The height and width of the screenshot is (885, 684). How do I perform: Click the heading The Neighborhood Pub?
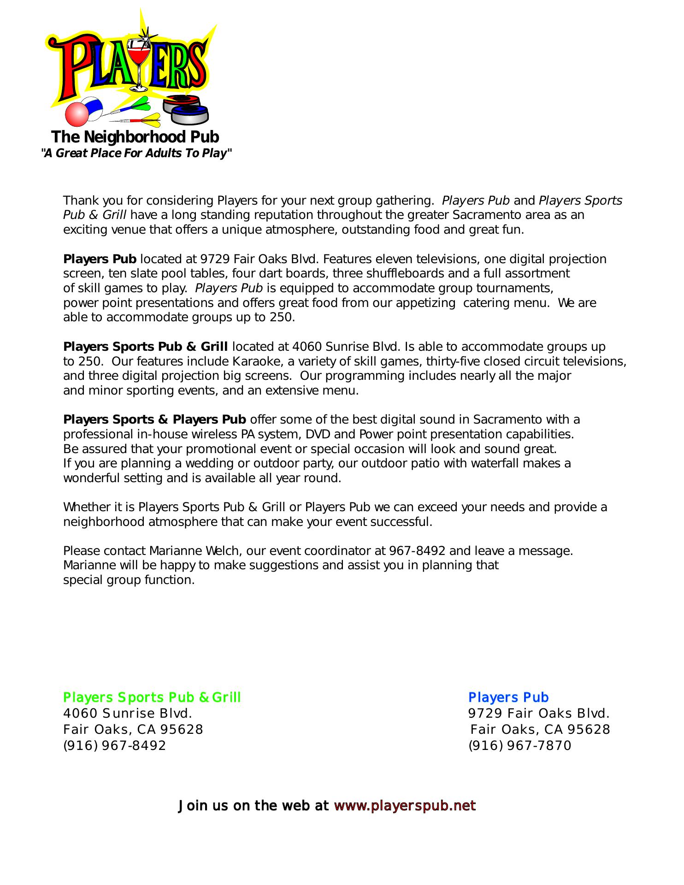[x=135, y=137]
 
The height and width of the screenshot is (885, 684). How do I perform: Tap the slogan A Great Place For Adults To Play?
[x=136, y=153]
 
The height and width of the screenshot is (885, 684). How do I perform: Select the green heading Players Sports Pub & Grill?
[x=152, y=697]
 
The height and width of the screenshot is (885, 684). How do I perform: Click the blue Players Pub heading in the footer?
[x=508, y=697]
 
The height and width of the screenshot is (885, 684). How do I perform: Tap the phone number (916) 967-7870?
[x=520, y=745]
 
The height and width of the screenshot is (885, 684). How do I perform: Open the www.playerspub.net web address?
[x=405, y=806]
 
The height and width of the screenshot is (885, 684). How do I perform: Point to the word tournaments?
[x=517, y=289]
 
